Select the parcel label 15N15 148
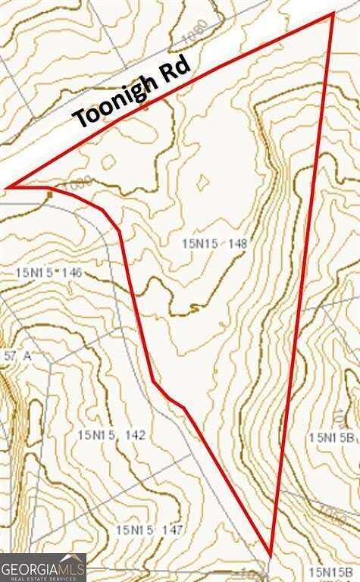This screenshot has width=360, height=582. (215, 243)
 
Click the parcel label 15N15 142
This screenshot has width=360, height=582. (111, 435)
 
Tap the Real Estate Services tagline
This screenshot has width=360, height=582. (42, 577)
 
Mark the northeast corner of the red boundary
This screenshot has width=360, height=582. (333, 13)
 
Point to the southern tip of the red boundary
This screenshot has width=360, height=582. (270, 552)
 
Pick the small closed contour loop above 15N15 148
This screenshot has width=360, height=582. (202, 182)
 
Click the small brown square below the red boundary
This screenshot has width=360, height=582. (49, 194)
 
